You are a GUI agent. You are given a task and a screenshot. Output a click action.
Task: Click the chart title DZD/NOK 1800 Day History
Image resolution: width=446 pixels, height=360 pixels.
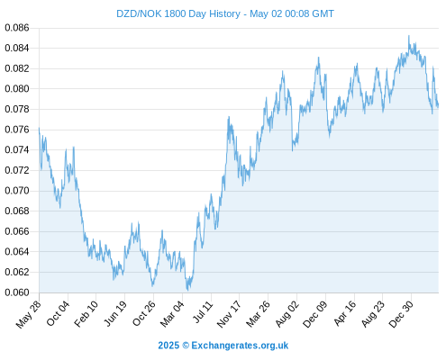pos(178,13)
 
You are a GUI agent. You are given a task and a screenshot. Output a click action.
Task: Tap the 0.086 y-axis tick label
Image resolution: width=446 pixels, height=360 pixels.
pos(17,28)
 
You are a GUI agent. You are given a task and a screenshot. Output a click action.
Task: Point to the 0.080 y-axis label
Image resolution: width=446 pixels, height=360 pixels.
pos(17,89)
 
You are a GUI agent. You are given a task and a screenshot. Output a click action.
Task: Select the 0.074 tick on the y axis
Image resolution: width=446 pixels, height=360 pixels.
pos(17,149)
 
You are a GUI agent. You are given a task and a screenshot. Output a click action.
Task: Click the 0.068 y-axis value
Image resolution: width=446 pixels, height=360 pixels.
pos(17,211)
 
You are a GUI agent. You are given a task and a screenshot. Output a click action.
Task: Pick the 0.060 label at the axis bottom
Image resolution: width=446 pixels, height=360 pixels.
pos(17,292)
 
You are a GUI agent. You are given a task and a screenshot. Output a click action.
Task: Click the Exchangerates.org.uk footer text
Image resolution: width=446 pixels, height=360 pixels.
pos(240,346)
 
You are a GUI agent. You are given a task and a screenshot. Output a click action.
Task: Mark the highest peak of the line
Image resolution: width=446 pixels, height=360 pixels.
pos(409,35)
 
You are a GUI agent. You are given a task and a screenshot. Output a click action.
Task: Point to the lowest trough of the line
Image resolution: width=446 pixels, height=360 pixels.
pos(187,291)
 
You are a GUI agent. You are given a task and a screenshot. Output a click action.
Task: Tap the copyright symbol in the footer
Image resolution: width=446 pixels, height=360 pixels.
pos(186,346)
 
